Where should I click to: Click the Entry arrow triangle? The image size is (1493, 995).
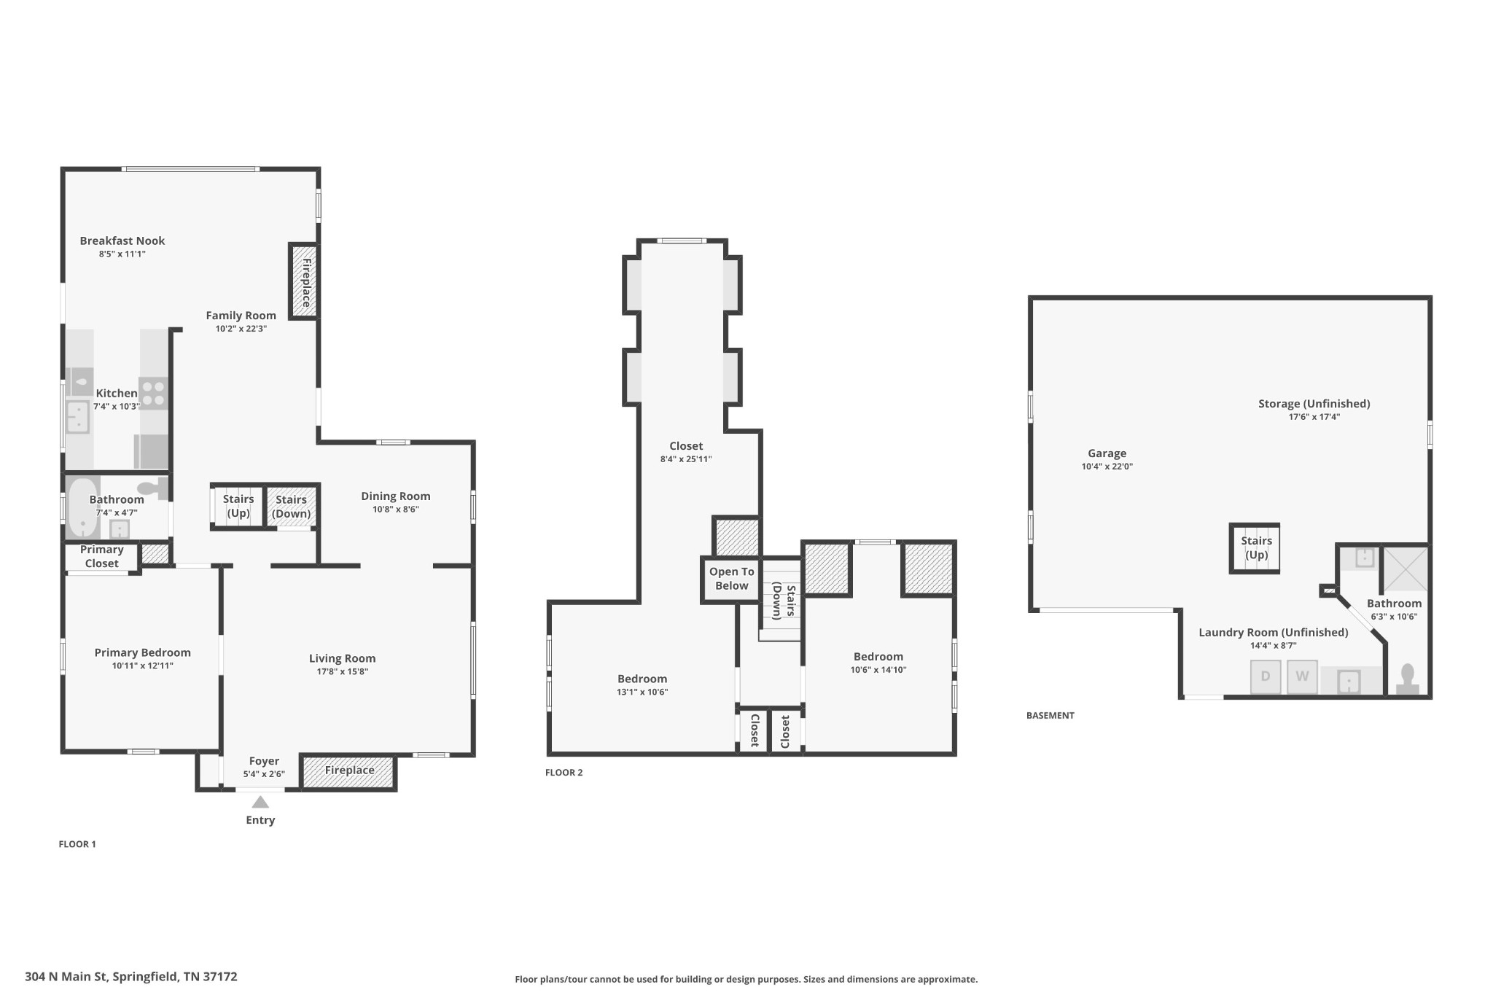click(260, 802)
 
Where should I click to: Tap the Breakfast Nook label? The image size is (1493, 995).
click(122, 241)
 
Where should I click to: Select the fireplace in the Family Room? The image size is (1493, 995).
click(305, 281)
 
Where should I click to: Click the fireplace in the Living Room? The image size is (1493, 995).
click(349, 771)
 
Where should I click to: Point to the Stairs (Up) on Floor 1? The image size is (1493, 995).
click(238, 506)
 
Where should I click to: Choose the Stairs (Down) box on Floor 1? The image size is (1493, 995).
click(291, 506)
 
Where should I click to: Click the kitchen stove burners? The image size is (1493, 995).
click(153, 393)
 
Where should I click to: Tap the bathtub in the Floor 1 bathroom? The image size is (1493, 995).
click(82, 508)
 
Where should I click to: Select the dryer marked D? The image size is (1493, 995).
click(1266, 676)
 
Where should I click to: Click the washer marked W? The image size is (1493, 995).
click(1302, 676)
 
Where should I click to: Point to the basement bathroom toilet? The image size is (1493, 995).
click(1407, 679)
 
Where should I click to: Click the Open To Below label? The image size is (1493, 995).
click(731, 579)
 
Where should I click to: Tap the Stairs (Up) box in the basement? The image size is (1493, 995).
click(1255, 548)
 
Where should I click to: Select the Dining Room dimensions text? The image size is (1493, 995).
click(396, 510)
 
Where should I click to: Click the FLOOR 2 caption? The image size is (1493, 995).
click(564, 773)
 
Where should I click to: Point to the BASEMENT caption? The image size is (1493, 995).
click(1050, 716)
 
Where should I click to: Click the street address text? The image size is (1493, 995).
click(131, 977)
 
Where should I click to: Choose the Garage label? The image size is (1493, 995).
click(1107, 453)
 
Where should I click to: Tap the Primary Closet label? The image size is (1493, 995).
click(101, 556)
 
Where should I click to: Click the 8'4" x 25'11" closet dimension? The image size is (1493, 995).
click(685, 459)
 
